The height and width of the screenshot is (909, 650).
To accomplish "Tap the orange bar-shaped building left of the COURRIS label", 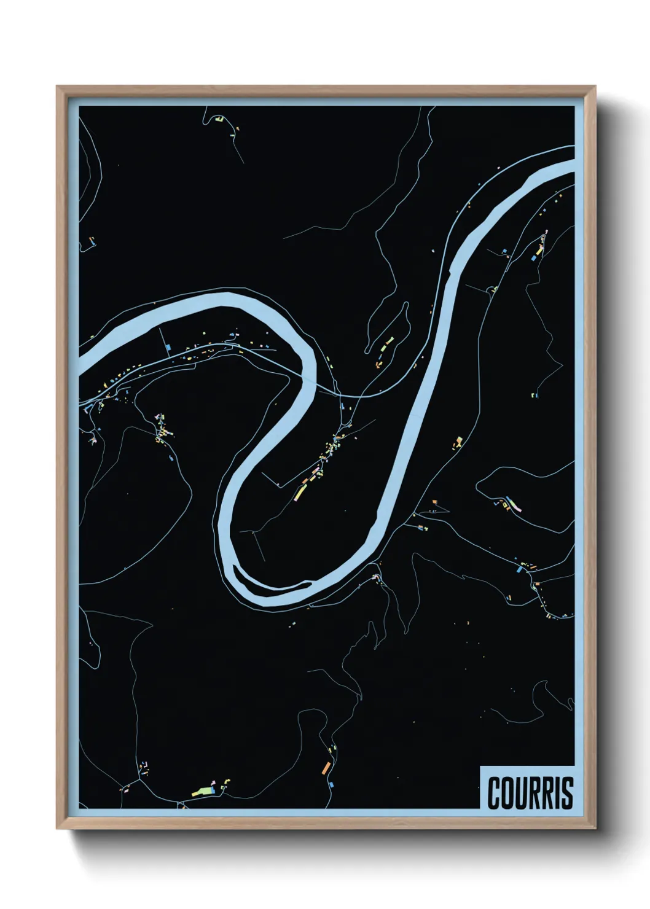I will tap(327, 767).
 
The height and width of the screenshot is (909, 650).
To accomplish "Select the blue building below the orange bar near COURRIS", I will tap(332, 784).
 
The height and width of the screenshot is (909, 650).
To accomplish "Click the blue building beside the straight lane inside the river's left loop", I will tap(168, 348).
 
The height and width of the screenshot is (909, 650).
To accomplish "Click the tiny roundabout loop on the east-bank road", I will tap(493, 289).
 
